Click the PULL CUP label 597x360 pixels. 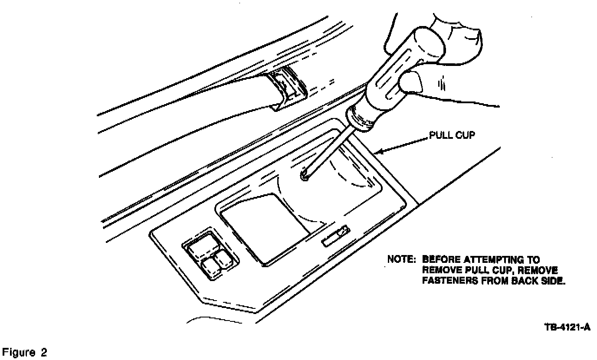(x=452, y=135)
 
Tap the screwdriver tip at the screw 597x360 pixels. (x=305, y=176)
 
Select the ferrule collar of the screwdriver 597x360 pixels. (x=360, y=119)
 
